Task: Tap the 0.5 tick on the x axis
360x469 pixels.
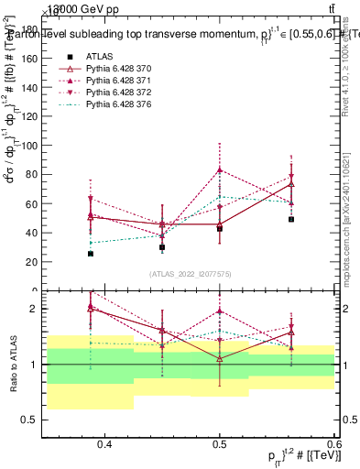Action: click(x=220, y=444)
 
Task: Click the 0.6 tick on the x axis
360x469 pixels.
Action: click(x=333, y=444)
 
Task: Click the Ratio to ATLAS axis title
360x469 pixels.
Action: click(x=13, y=365)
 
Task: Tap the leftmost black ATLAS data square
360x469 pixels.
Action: click(x=91, y=254)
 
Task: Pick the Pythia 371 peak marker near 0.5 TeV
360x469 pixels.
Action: click(x=220, y=169)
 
